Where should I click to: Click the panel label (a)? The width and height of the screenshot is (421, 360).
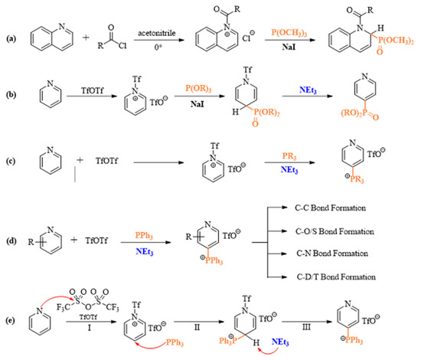point(9,35)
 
